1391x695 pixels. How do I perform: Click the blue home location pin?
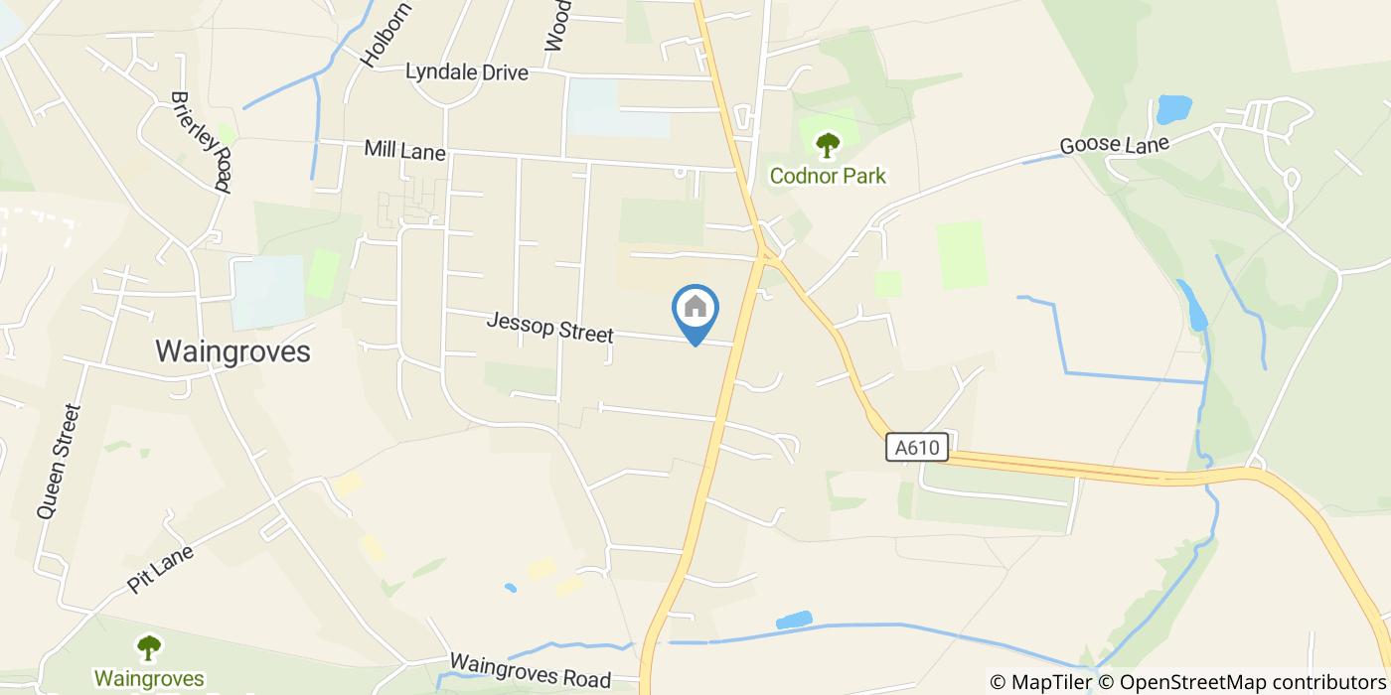695,309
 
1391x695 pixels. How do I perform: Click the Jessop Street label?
549,328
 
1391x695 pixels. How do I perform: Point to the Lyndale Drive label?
466,72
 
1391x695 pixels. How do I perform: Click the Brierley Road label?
202,142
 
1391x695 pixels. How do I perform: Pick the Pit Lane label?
160,567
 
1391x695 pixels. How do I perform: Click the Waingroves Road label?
530,670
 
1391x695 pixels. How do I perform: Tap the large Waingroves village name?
232,351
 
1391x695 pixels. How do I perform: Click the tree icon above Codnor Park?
828,146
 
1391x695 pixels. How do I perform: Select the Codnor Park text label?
828,177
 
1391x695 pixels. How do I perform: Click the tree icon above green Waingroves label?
149,648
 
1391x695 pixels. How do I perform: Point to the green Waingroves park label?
149,679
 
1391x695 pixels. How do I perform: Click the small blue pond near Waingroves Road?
793,622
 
